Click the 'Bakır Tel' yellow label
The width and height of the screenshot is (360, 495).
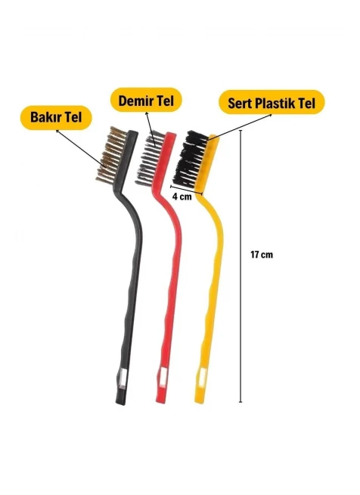(56, 117)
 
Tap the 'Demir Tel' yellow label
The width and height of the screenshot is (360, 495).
(146, 101)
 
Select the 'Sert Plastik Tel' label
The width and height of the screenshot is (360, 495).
(272, 103)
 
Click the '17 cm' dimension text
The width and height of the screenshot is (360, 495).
(262, 254)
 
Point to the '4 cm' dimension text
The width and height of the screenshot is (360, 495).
(182, 196)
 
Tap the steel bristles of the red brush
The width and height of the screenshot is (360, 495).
(149, 158)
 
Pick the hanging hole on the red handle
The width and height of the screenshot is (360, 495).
(163, 377)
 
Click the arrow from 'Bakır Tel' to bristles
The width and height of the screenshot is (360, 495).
(81, 148)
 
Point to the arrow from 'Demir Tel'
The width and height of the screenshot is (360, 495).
(151, 128)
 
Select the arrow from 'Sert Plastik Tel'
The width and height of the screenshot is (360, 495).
(231, 130)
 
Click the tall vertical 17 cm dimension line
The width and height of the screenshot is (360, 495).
(241, 266)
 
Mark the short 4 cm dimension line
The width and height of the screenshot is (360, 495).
(187, 190)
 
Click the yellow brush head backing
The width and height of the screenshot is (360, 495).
(209, 164)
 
